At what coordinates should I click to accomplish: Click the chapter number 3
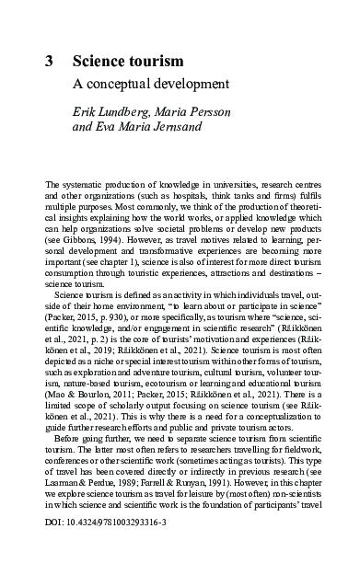tap(49, 62)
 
